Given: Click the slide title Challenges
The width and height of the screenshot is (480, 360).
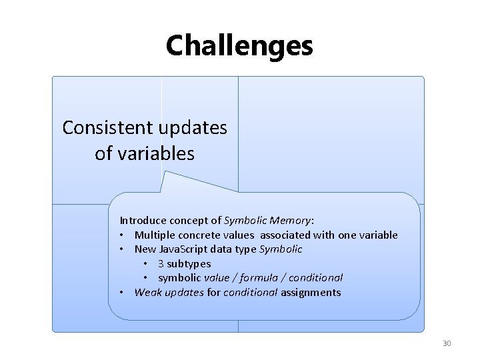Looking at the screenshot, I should click(x=239, y=45).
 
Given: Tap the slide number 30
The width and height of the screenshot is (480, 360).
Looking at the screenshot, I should click(x=447, y=343).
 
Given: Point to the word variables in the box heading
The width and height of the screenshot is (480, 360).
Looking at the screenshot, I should click(x=155, y=154).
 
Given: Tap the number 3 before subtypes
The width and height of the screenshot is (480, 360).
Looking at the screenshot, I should click(x=160, y=263).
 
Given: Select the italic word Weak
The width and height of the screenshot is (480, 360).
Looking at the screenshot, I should click(x=147, y=292).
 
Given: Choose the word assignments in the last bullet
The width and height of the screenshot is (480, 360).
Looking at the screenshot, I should click(x=311, y=292).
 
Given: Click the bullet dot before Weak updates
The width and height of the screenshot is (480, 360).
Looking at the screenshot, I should click(x=123, y=292).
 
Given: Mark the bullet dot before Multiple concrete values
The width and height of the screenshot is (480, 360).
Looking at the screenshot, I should click(x=123, y=235).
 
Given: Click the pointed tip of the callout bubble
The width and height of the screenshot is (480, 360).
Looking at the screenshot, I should click(x=167, y=173).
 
